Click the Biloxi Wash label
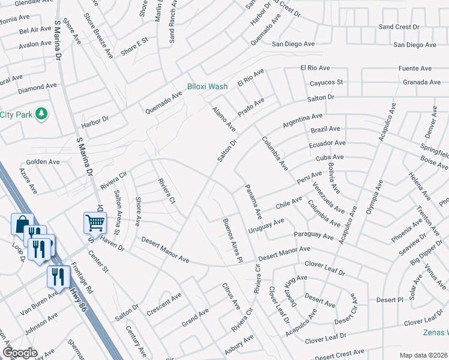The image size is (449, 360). (x=206, y=86)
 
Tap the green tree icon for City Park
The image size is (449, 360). (x=41, y=113)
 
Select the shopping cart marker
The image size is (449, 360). (x=95, y=223)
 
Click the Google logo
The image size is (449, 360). (x=20, y=352)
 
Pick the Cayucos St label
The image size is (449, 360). (x=326, y=82)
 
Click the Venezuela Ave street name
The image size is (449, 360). (x=328, y=199)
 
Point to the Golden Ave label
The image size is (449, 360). (x=43, y=162)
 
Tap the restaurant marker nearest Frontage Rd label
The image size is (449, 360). (x=58, y=277)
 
